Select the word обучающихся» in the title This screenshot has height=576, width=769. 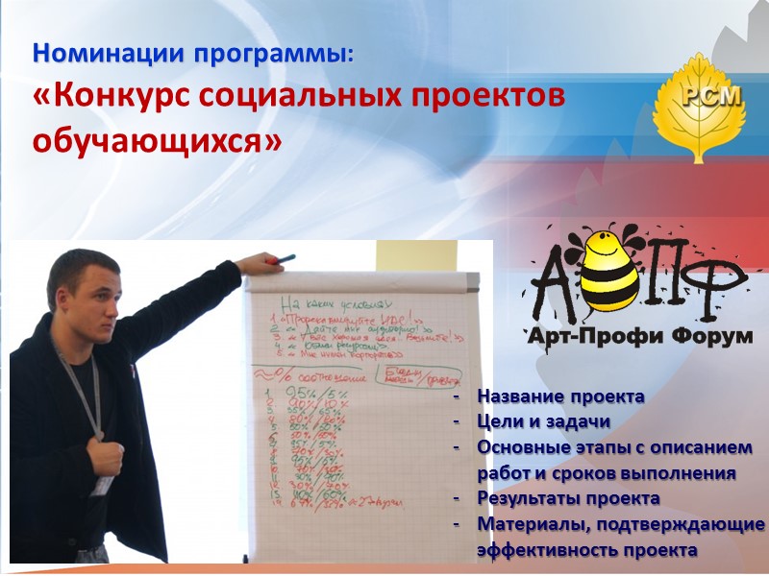click(x=158, y=140)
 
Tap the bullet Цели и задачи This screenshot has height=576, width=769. click(x=543, y=422)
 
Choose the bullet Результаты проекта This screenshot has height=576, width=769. click(x=568, y=499)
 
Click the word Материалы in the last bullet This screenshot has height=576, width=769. click(x=525, y=525)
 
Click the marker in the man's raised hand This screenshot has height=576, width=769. click(x=286, y=259)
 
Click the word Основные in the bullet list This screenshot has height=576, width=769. click(x=520, y=448)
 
